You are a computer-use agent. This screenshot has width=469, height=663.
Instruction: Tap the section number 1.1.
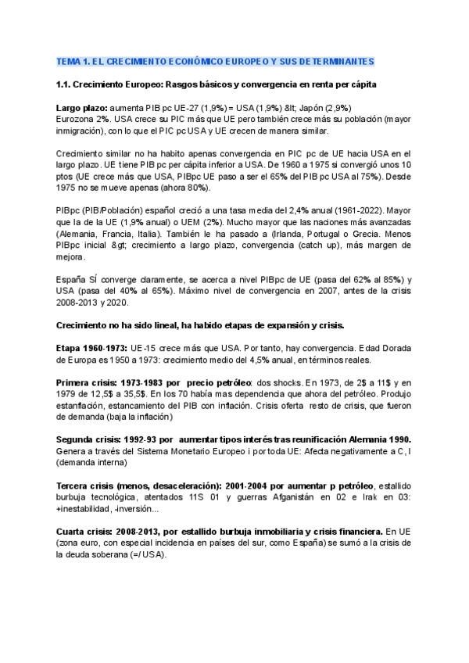click(65, 85)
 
